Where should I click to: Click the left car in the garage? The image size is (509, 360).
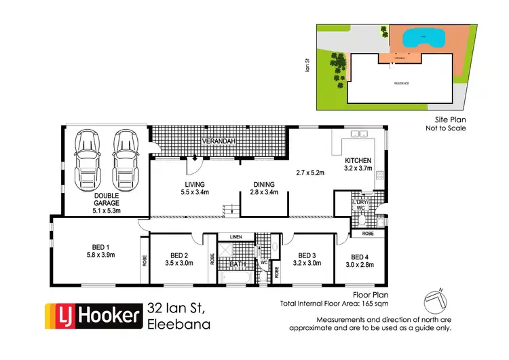(x=87, y=156)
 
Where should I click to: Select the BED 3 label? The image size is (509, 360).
(x=307, y=256)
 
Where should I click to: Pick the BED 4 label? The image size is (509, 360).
(x=360, y=257)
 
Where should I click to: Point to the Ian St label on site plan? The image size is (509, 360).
(x=307, y=66)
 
